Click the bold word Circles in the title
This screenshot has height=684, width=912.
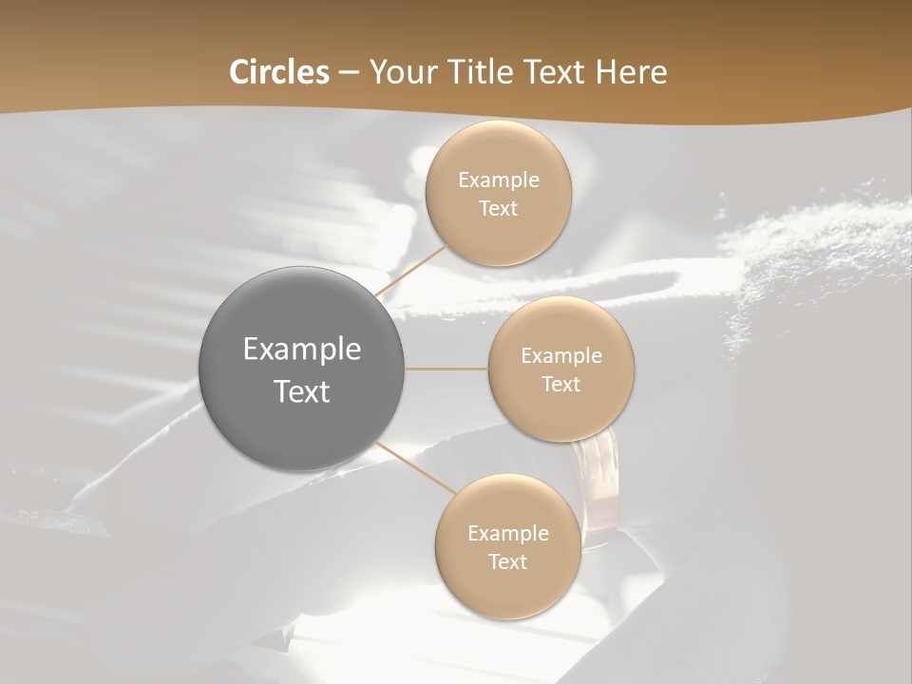279,72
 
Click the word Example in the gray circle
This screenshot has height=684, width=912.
302,350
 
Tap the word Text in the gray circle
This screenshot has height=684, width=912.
302,391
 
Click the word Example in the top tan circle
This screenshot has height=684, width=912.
499,180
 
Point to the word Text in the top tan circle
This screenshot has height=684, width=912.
498,208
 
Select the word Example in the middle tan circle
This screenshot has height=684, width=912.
561,356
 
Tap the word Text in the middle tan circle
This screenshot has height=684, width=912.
560,384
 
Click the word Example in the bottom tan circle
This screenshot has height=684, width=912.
508,534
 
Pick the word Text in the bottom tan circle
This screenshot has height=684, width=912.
507,561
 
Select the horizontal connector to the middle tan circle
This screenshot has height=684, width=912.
446,369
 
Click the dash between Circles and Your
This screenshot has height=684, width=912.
349,72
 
